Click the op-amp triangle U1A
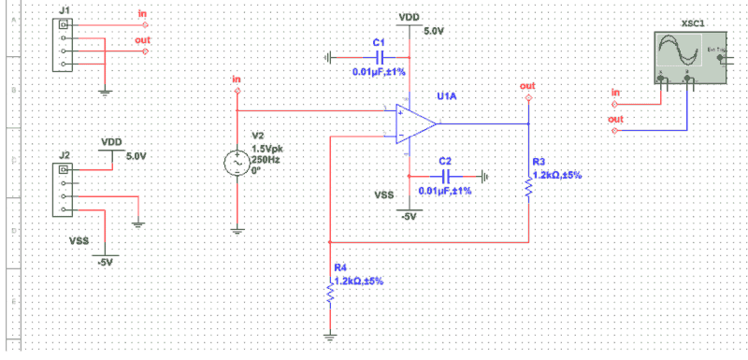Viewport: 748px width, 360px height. pos(414,123)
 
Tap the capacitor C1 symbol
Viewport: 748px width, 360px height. pos(379,57)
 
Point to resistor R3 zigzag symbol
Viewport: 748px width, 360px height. pos(528,190)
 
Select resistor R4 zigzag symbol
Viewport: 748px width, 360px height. pos(330,295)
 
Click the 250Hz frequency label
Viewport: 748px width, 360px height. pos(266,159)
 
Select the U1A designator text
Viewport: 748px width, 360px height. pos(447,96)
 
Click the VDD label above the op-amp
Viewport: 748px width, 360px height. pos(409,17)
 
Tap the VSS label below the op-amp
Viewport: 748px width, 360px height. pos(384,195)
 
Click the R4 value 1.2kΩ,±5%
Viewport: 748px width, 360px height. pos(358,281)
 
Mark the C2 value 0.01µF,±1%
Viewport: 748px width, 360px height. pos(444,191)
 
